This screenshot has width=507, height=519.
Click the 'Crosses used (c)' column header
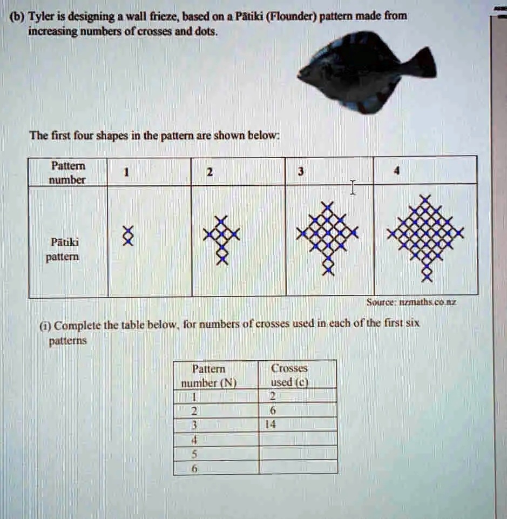(x=289, y=375)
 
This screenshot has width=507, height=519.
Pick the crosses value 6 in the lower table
(x=266, y=410)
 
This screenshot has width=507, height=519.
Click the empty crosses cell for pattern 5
(x=298, y=453)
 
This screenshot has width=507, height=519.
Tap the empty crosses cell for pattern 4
(x=298, y=439)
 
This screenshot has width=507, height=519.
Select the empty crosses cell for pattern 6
(x=298, y=468)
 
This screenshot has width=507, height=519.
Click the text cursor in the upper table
(x=353, y=187)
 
